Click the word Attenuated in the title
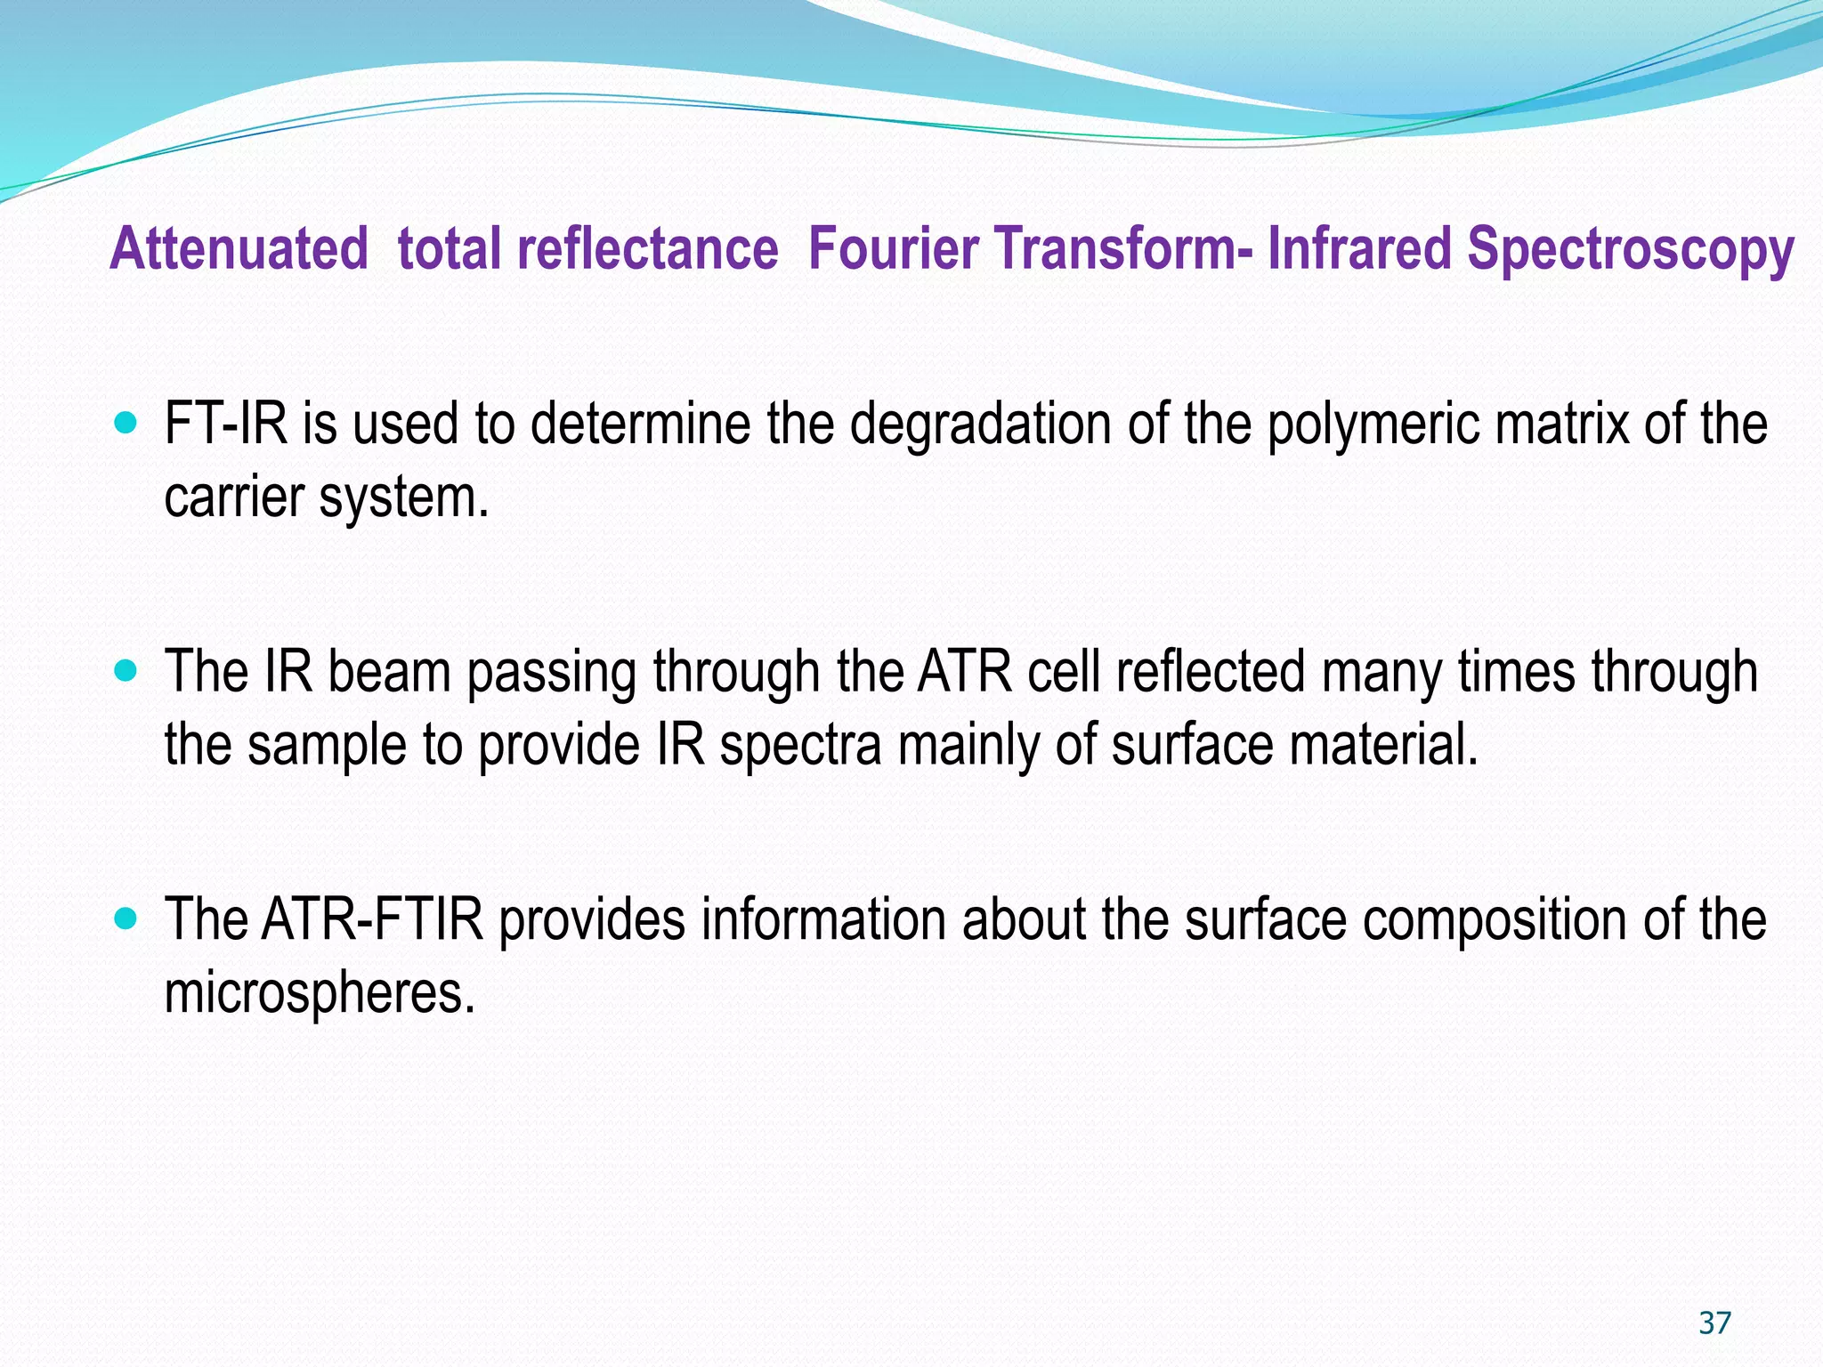point(239,248)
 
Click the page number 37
point(1714,1323)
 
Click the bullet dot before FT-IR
point(127,422)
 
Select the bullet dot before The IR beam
point(127,670)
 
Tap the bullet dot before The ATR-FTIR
point(127,918)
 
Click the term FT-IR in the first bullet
point(226,424)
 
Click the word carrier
point(233,497)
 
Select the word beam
point(390,672)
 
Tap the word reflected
point(1210,672)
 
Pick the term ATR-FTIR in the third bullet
point(372,919)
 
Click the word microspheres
point(320,994)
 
